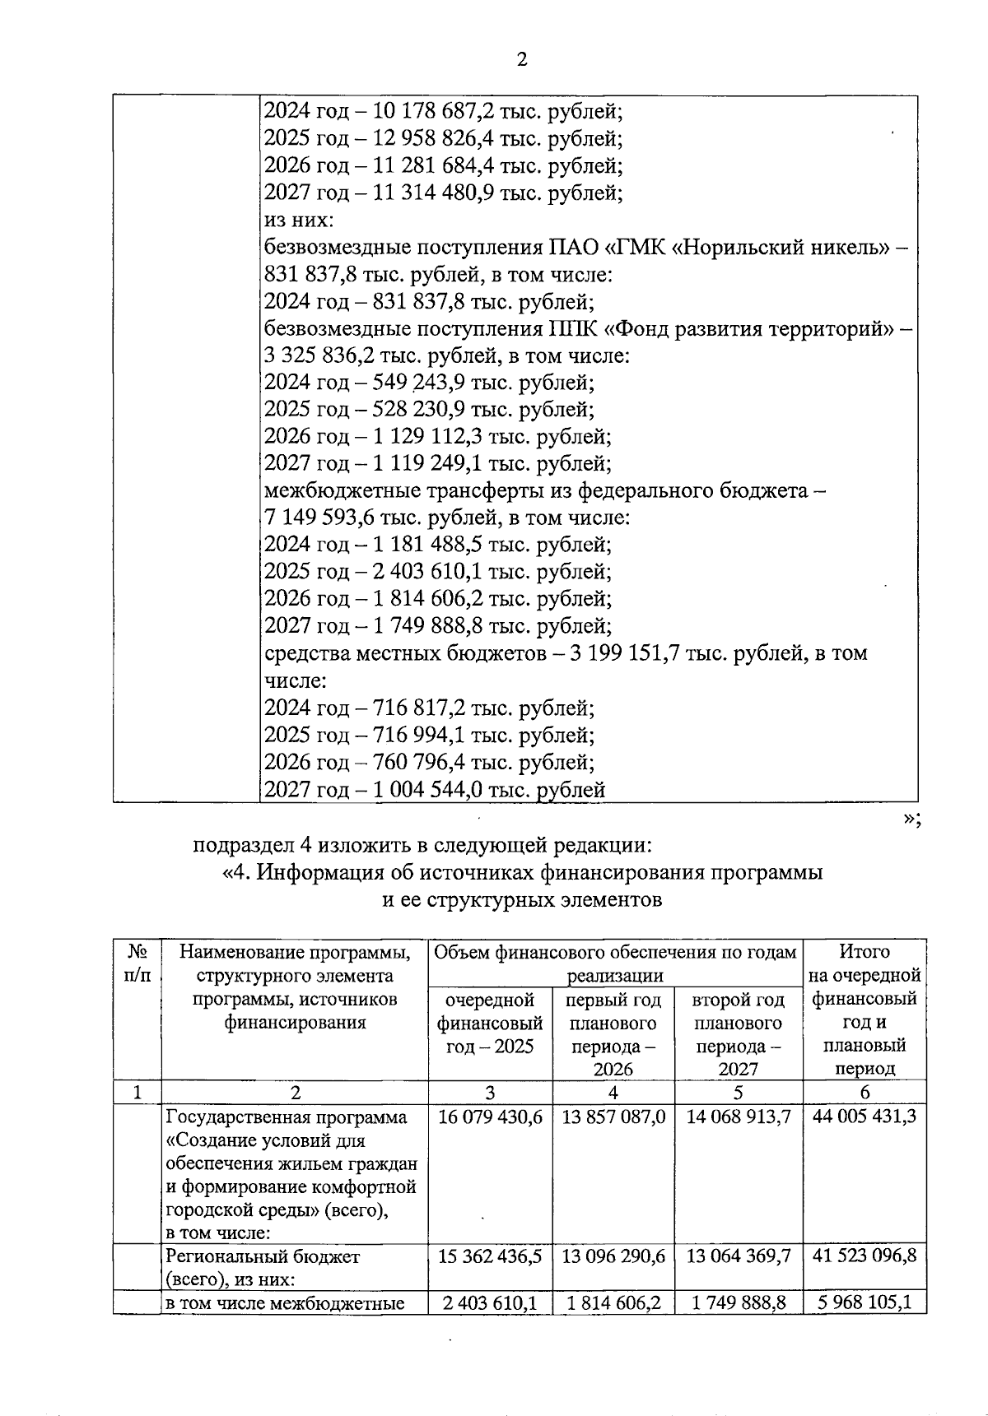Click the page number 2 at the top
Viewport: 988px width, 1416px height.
(521, 59)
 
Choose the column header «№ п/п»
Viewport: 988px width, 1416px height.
(137, 963)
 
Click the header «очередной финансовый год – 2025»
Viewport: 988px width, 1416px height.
(490, 1023)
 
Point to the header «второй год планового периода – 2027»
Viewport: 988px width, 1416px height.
(738, 1034)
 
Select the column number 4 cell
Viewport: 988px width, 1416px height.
(613, 1093)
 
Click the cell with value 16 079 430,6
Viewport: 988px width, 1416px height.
(490, 1117)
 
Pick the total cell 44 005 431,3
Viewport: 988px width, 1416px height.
(864, 1117)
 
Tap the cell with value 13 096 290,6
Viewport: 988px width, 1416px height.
(613, 1256)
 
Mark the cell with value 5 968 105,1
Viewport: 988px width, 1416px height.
(864, 1303)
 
